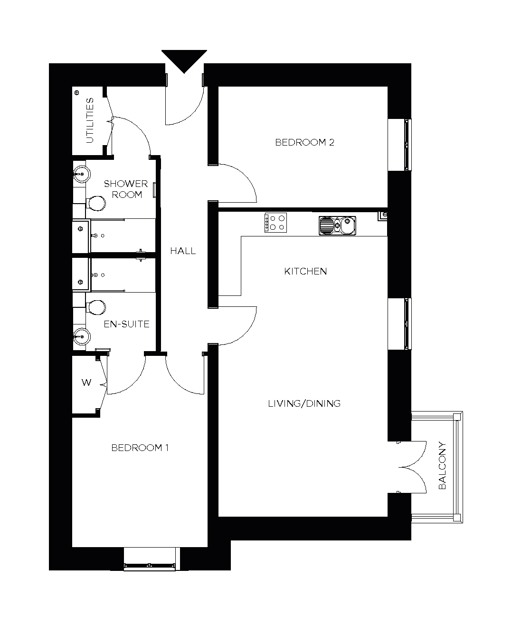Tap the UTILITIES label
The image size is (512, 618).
[x=90, y=120]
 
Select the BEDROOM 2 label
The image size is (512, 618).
[x=304, y=142]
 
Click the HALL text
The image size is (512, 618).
[x=183, y=251]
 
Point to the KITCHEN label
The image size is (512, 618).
[x=305, y=271]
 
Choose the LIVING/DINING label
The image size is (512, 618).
[x=304, y=403]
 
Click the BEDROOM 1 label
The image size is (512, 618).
[x=140, y=448]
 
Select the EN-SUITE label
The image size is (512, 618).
[x=126, y=324]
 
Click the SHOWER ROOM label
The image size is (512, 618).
[x=126, y=189]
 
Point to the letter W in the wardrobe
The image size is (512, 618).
[x=86, y=383]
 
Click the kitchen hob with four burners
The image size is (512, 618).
[x=275, y=223]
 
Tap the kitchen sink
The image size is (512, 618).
[x=337, y=226]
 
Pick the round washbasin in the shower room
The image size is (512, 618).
[x=82, y=174]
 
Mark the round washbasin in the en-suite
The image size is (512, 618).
[x=82, y=336]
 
